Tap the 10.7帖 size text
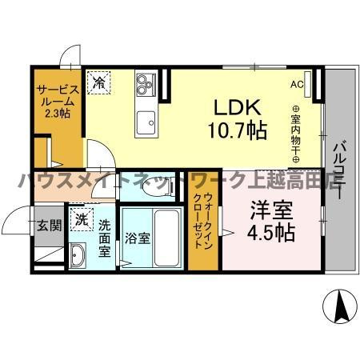click(237, 131)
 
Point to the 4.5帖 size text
click(268, 234)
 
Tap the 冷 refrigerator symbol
click(99, 82)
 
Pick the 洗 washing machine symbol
click(81, 218)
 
